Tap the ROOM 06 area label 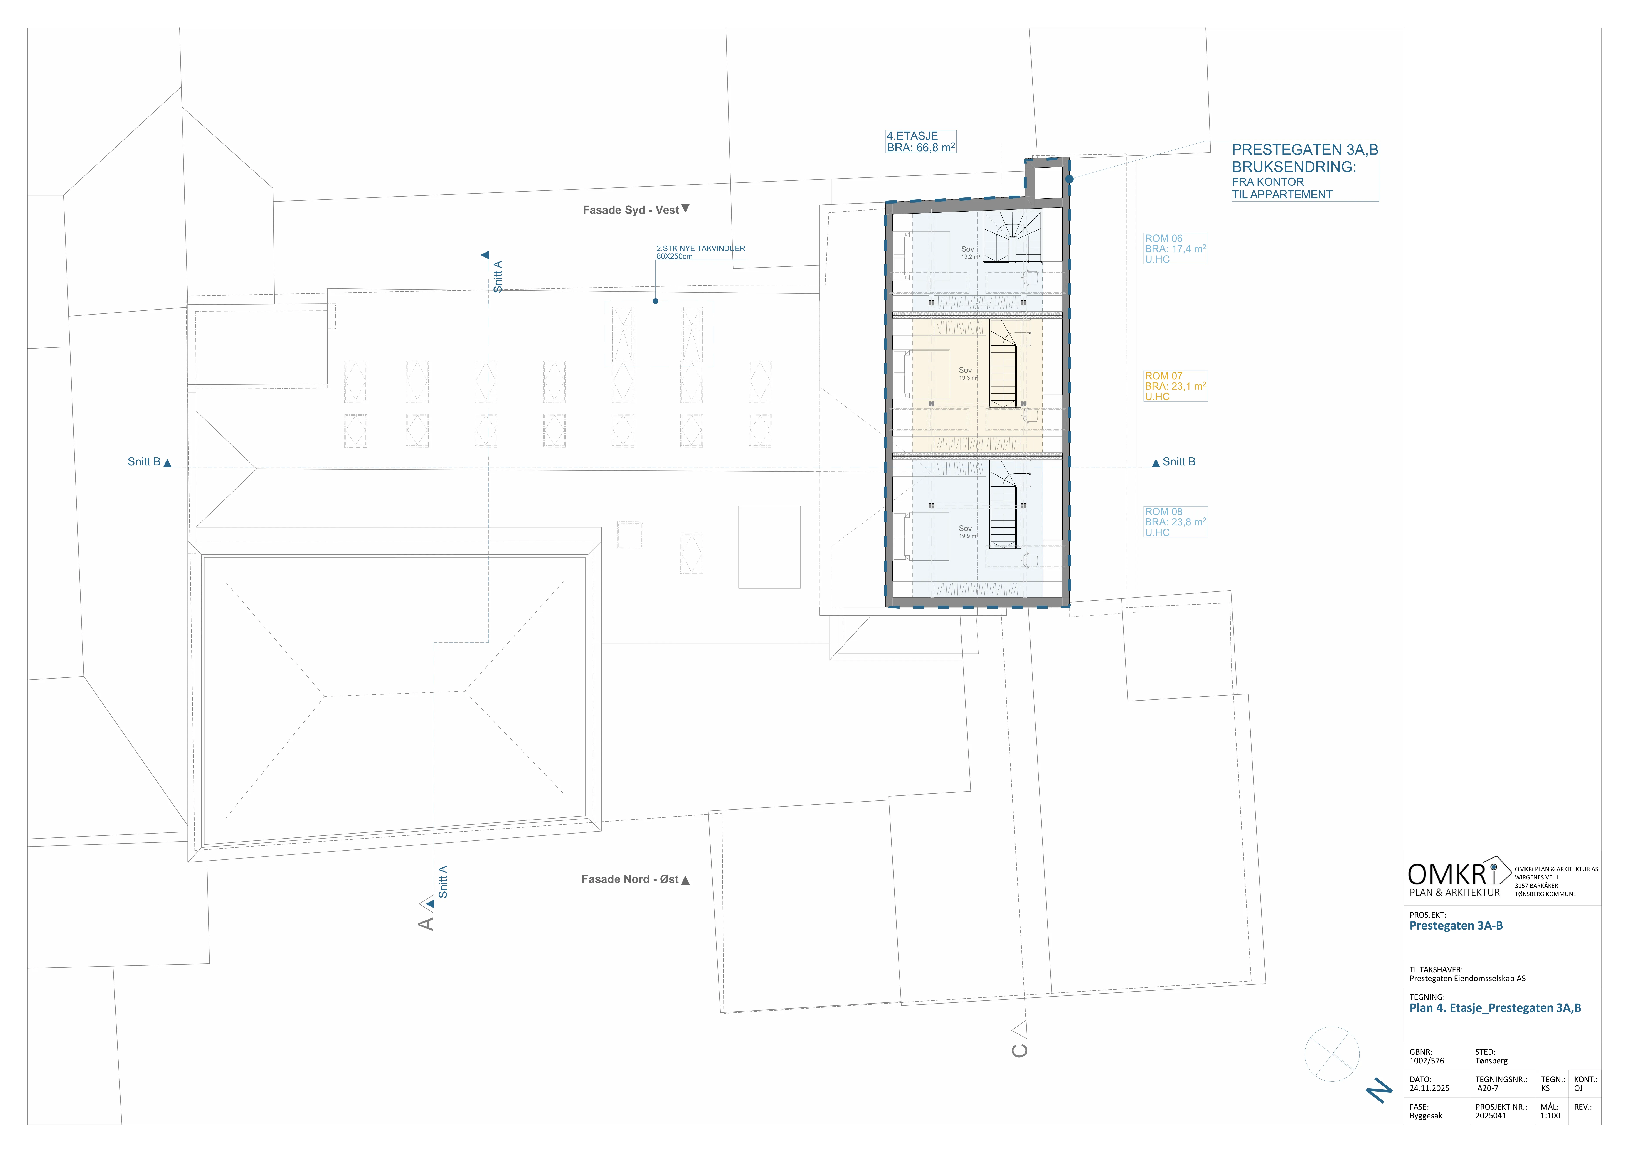(x=1175, y=249)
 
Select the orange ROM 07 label (x=1175, y=387)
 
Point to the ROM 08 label (x=1175, y=522)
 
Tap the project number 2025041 (x=1491, y=1116)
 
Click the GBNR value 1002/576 (x=1427, y=1061)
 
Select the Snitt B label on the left (x=144, y=462)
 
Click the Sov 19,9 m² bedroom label (x=967, y=532)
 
